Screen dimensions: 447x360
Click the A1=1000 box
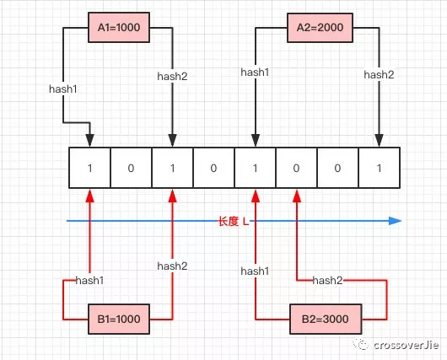119,27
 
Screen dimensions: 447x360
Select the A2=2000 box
320,27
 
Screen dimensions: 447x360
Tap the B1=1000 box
119,319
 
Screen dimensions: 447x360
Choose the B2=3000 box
326,319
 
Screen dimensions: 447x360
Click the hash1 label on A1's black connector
63,89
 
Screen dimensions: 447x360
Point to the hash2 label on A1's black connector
172,77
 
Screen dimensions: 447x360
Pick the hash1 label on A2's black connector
255,73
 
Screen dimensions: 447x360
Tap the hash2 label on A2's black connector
379,75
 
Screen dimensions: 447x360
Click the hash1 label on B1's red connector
89,281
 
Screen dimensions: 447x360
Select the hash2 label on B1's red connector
172,266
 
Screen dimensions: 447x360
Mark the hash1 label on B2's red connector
255,271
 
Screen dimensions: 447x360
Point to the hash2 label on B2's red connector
327,281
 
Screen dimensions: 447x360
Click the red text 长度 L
234,221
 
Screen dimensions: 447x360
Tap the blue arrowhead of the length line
395,221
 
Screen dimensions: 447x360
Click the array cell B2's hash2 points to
297,168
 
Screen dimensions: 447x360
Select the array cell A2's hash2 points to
380,168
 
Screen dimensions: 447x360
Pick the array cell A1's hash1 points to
89,168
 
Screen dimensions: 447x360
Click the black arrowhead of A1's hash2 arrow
172,141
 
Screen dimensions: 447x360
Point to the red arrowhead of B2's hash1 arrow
256,196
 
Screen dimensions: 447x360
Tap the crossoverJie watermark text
406,345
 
